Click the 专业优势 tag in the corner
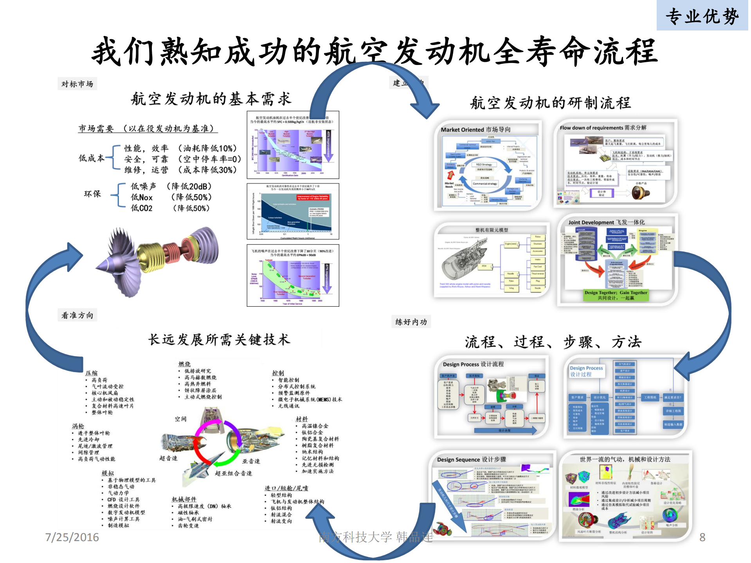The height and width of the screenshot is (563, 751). [x=702, y=16]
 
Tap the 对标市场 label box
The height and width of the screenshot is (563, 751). [x=77, y=84]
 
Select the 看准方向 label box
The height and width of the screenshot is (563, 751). [x=77, y=315]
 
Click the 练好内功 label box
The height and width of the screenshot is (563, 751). [x=411, y=322]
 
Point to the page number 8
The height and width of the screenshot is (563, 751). [x=702, y=537]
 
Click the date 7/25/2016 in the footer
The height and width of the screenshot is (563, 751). [x=72, y=537]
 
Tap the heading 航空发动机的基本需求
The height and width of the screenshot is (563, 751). [x=211, y=99]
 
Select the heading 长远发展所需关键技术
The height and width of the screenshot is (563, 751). [x=219, y=340]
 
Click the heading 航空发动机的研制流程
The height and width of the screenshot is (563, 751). [x=550, y=103]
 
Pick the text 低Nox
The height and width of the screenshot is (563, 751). [x=142, y=198]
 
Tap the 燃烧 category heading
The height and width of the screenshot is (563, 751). [x=184, y=364]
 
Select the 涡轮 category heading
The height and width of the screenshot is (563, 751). [x=78, y=426]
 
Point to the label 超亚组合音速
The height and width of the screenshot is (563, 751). [x=233, y=473]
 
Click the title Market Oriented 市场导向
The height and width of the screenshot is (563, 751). [x=475, y=130]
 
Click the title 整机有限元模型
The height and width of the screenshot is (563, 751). [x=492, y=230]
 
